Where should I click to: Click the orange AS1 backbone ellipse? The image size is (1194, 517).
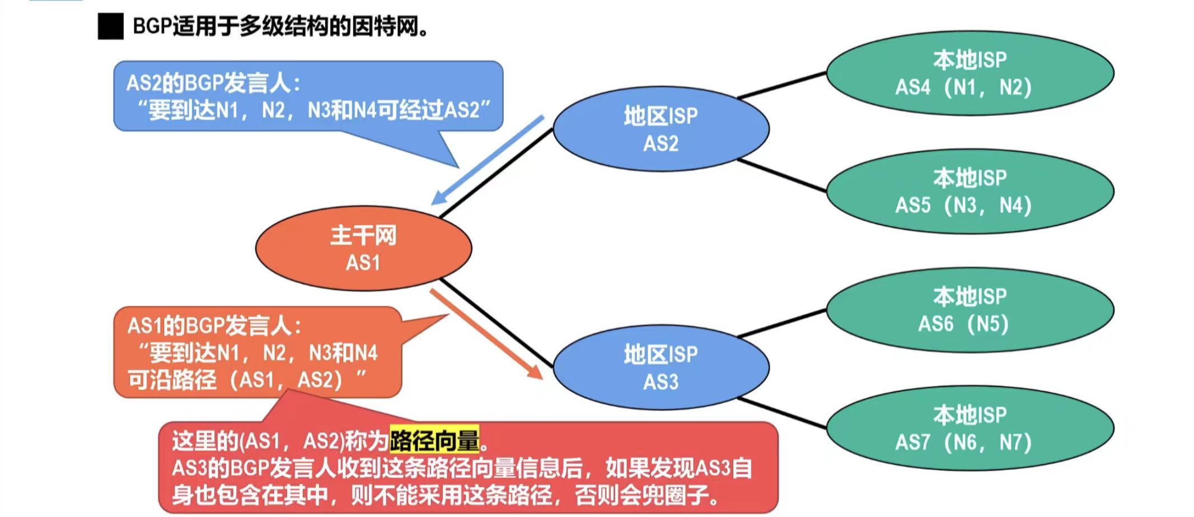tap(363, 248)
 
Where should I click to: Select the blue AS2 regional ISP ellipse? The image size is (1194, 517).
tap(661, 129)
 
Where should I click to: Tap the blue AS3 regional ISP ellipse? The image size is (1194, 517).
tap(661, 367)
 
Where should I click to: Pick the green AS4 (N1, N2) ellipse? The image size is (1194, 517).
tap(970, 73)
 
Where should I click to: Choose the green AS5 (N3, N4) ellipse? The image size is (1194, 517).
tap(970, 192)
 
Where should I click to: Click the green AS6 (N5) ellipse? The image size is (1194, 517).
tap(970, 310)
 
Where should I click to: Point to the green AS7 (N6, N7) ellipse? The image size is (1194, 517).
tap(970, 428)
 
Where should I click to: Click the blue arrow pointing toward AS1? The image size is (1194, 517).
tap(487, 161)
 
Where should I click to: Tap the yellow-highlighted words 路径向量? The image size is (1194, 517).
tap(434, 440)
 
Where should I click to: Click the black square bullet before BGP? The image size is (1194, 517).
tap(110, 27)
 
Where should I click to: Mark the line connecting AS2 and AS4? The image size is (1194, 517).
tap(781, 86)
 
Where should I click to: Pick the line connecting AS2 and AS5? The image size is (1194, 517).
tap(781, 175)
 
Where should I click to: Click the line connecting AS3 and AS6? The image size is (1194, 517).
tap(781, 324)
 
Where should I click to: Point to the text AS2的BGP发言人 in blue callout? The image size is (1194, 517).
tap(213, 83)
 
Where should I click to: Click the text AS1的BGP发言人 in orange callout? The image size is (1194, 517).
tap(214, 325)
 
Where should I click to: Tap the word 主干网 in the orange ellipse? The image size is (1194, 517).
tap(363, 235)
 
